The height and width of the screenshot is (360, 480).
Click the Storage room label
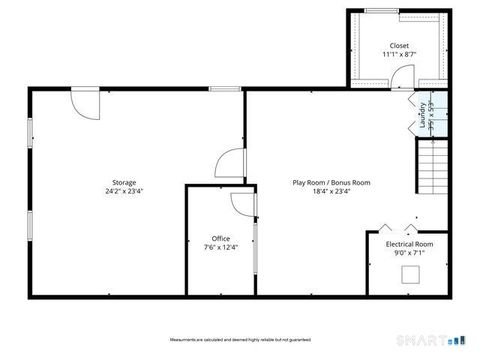point(124,182)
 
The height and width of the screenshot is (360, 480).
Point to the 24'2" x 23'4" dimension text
point(124,191)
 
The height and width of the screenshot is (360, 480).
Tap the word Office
point(221,238)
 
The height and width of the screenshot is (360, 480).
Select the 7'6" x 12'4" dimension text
point(221,247)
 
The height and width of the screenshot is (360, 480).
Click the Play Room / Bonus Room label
point(331,182)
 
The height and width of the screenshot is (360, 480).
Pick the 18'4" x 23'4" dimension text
point(331,191)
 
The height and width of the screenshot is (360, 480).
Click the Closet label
point(400,46)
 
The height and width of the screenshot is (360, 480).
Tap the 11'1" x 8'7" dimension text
point(400,55)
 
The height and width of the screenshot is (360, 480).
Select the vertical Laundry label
point(423,112)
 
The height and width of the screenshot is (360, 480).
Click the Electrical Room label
point(409,244)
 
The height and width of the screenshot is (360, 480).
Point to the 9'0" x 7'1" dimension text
point(409,253)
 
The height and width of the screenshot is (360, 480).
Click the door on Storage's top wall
point(84,103)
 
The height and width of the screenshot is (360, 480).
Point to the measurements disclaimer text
point(239,340)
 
